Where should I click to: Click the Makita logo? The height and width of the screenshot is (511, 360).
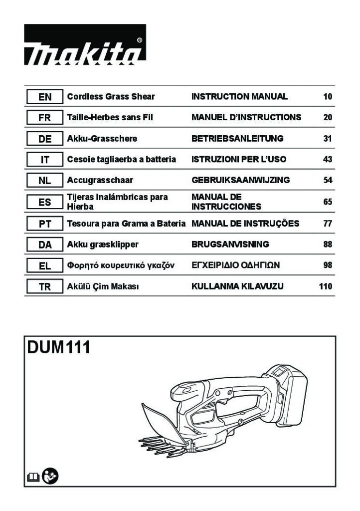tap(85, 44)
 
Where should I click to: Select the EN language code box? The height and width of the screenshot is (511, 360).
tap(44, 97)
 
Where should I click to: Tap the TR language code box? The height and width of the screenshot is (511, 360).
tap(44, 287)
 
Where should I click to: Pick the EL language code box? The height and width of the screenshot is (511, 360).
tap(44, 265)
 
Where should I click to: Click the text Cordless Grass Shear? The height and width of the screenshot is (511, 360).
tap(111, 96)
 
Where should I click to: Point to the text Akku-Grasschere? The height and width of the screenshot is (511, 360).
tap(102, 139)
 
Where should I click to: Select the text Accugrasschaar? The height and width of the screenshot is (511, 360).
tap(100, 180)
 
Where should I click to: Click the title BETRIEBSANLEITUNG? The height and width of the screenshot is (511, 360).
tap(237, 139)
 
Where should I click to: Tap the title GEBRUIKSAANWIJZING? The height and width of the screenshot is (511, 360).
tap(240, 180)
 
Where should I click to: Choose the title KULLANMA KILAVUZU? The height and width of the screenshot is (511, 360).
tap(237, 286)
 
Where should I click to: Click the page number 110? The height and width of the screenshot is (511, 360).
tap(326, 286)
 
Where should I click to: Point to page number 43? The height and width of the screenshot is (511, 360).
tap(328, 159)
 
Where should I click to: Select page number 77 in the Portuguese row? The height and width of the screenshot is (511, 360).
tap(328, 224)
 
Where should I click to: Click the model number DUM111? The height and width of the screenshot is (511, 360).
tap(59, 347)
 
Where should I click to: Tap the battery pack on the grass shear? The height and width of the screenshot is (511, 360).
tap(286, 394)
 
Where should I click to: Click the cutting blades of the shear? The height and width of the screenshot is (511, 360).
tap(162, 447)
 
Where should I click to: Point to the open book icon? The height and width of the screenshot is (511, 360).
tap(33, 478)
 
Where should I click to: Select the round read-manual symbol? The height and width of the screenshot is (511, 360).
tap(50, 476)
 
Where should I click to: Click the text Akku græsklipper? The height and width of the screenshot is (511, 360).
tap(103, 245)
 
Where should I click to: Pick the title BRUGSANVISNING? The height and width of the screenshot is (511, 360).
tap(230, 245)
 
